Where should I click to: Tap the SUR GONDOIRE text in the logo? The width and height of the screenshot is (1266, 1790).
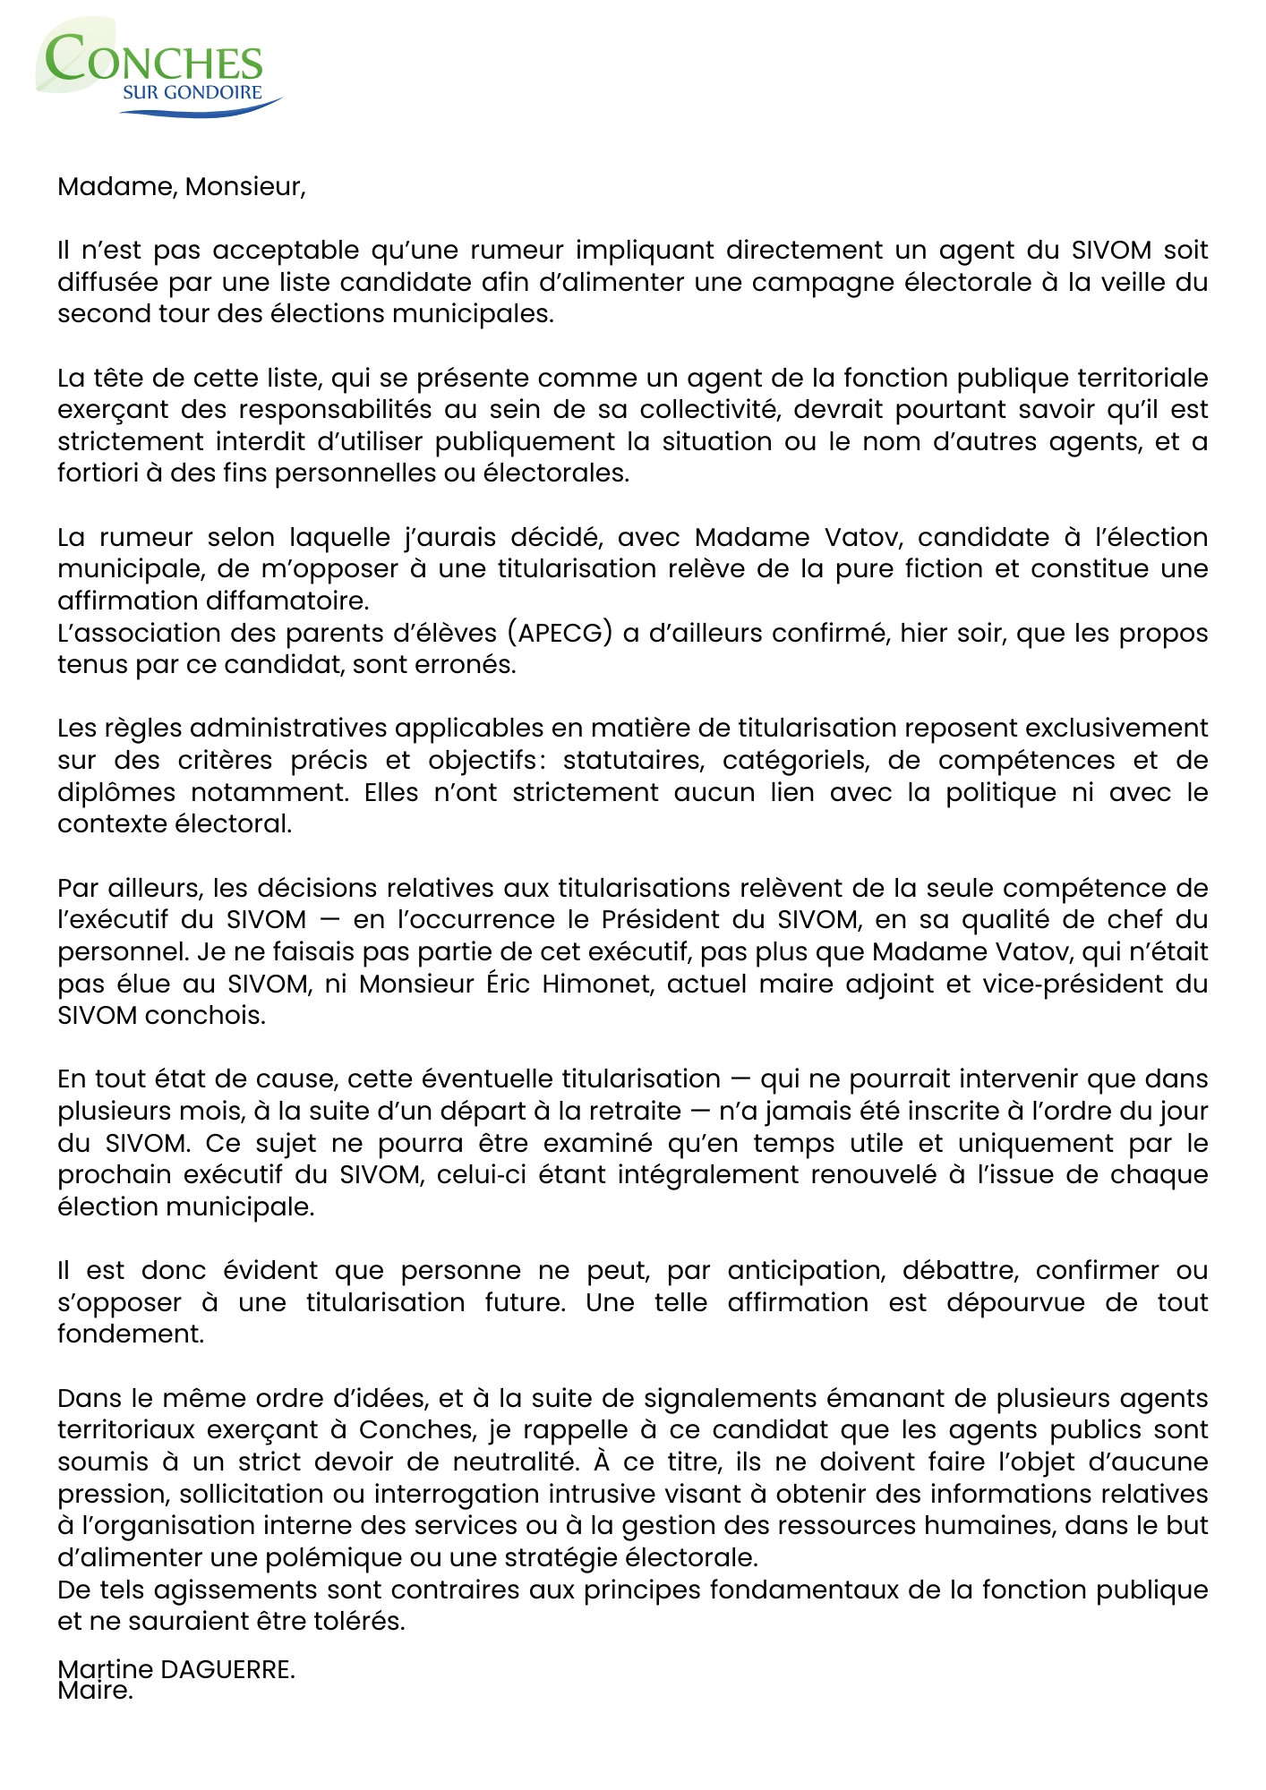pyautogui.click(x=192, y=92)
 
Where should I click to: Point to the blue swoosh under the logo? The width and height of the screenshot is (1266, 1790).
pyautogui.click(x=201, y=108)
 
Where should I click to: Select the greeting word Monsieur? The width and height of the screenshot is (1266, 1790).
pyautogui.click(x=244, y=186)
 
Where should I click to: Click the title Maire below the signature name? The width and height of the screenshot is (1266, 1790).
pyautogui.click(x=94, y=1691)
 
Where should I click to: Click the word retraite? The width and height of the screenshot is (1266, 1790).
pyautogui.click(x=637, y=1111)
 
